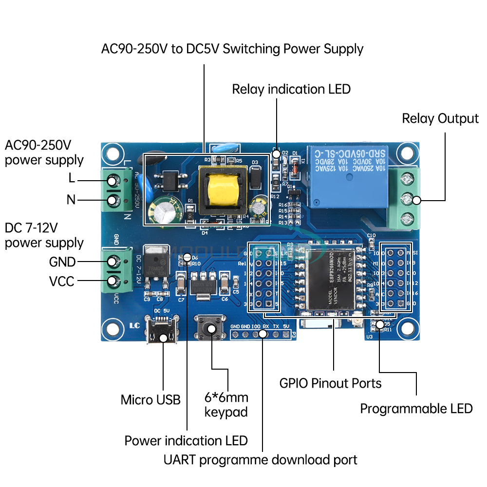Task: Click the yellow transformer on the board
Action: [223, 188]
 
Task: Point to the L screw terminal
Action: [113, 181]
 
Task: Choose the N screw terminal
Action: [113, 200]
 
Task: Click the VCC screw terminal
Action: [113, 281]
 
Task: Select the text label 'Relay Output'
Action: [440, 118]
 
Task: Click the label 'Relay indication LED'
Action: [291, 89]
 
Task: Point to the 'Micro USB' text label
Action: [150, 400]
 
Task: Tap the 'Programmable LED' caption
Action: [416, 409]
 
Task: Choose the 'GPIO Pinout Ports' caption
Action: [331, 383]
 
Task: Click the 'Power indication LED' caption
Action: [186, 441]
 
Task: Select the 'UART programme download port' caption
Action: [261, 460]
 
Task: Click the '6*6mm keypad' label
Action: [226, 405]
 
